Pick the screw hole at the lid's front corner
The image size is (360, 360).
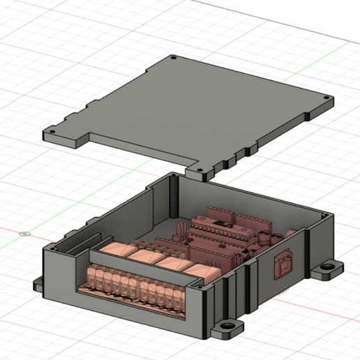tap(202, 170)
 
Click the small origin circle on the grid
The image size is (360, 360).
tap(24, 234)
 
